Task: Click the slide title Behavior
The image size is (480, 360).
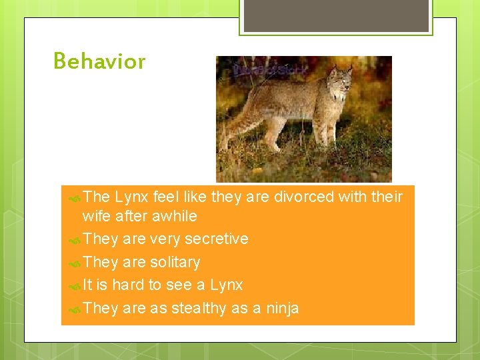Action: click(x=99, y=61)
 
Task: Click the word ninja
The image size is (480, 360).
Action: click(x=282, y=308)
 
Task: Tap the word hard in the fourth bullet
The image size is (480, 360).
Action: click(x=128, y=285)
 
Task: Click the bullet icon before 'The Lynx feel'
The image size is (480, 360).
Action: click(x=75, y=197)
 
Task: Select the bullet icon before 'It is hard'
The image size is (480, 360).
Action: click(x=75, y=286)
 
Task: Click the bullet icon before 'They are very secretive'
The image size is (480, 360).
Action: click(x=75, y=239)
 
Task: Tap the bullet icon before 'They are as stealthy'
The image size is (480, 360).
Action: click(x=75, y=309)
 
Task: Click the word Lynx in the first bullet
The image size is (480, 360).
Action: click(x=131, y=197)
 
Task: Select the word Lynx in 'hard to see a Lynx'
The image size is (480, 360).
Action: click(x=226, y=285)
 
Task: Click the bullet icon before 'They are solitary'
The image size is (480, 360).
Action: click(x=75, y=263)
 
